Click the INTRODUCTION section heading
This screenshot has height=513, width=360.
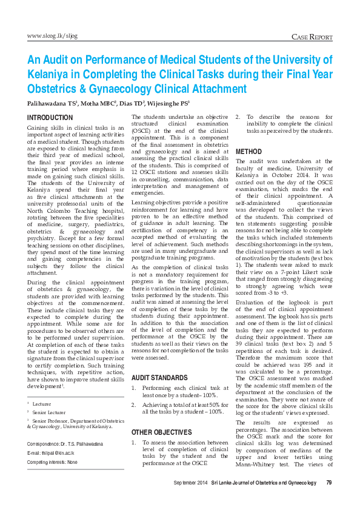(51, 117)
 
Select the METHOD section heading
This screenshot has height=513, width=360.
(249, 150)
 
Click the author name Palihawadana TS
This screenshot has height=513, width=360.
(52, 103)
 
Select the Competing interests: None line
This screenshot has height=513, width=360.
(53, 461)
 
